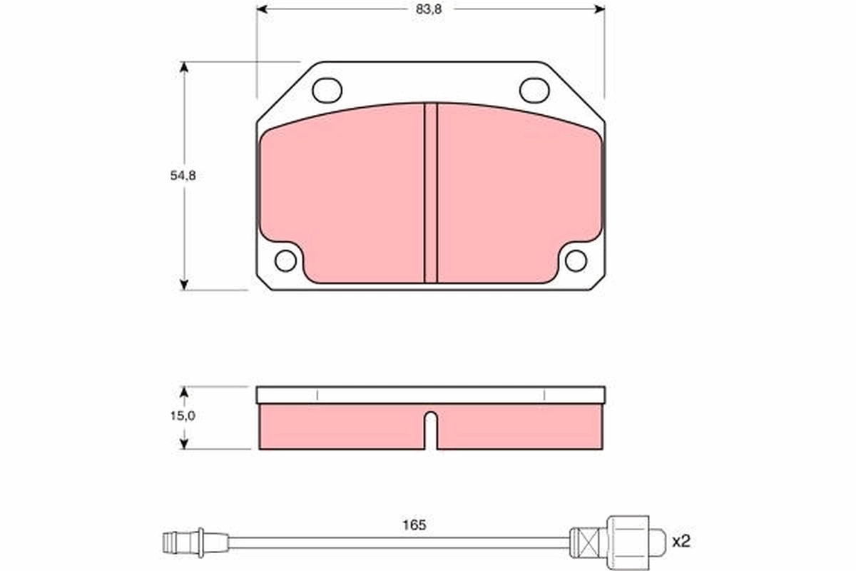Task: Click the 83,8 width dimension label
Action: click(x=429, y=9)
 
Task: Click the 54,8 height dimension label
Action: click(x=183, y=176)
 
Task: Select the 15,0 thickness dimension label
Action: click(x=183, y=415)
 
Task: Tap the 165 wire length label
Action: click(x=414, y=525)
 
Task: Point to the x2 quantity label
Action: click(x=681, y=541)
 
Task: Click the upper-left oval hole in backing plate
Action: click(x=327, y=90)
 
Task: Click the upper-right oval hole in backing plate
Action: click(x=534, y=90)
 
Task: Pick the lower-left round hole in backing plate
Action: click(x=285, y=261)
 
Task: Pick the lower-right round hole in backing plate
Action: click(x=576, y=261)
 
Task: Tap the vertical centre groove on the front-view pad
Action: click(x=431, y=193)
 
